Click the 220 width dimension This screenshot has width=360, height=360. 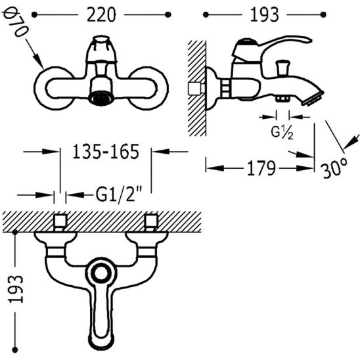tap(101, 15)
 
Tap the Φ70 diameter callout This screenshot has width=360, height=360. tap(16, 23)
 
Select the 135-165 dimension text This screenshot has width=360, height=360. tap(106, 152)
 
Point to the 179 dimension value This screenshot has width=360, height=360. tap(261, 168)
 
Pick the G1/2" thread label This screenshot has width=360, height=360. tap(119, 194)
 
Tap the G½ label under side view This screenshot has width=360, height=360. tap(282, 133)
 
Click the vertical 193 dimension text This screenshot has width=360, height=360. tap(16, 289)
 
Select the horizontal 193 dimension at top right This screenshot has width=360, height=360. tap(264, 15)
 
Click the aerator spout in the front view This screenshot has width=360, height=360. tap(101, 98)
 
